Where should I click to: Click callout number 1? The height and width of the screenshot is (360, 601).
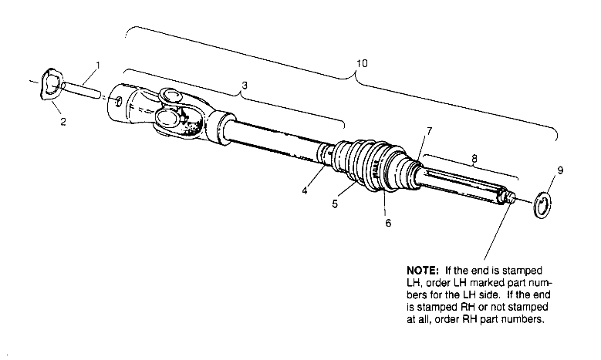98,66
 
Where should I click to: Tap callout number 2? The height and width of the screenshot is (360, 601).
63,122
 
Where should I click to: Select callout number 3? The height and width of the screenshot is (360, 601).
245,86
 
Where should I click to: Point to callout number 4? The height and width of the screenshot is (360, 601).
305,190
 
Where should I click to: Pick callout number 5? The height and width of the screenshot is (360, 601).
335,204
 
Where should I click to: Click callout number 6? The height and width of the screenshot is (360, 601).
388,223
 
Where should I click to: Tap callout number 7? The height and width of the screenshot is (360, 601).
429,131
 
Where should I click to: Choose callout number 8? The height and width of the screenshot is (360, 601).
474,159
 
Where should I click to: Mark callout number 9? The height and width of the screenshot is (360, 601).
560,170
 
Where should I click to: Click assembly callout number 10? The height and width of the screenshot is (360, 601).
362,63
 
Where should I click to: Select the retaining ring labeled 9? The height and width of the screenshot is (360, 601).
542,206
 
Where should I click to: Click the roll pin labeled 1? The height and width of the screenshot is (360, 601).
81,89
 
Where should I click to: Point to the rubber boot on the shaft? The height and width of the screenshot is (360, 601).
373,166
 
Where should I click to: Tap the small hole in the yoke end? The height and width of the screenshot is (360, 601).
119,101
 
